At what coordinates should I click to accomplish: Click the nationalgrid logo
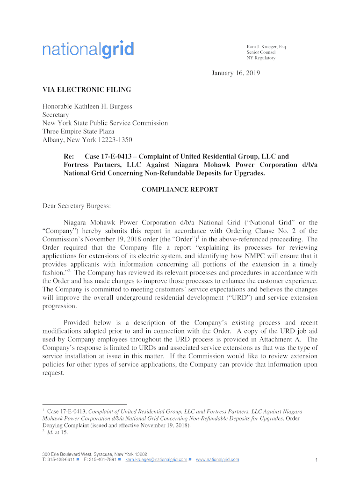tap(88, 50)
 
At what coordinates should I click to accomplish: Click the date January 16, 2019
tap(231, 73)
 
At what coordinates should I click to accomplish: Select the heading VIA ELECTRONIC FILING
tap(87, 89)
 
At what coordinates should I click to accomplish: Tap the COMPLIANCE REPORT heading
tap(180, 189)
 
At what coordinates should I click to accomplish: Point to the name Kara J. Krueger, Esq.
tap(267, 47)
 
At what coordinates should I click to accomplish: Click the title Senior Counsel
tap(261, 52)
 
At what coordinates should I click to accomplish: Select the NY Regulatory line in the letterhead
tap(261, 58)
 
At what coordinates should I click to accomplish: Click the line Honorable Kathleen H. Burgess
tap(87, 106)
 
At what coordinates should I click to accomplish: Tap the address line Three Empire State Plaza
tap(79, 131)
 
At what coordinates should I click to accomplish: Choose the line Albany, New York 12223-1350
tap(87, 140)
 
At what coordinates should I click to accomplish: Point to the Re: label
tap(70, 157)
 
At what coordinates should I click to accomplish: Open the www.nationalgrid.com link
tap(217, 459)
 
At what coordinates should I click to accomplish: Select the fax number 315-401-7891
tap(103, 459)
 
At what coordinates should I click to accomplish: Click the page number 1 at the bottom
tap(317, 460)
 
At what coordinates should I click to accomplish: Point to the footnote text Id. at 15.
tap(58, 433)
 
